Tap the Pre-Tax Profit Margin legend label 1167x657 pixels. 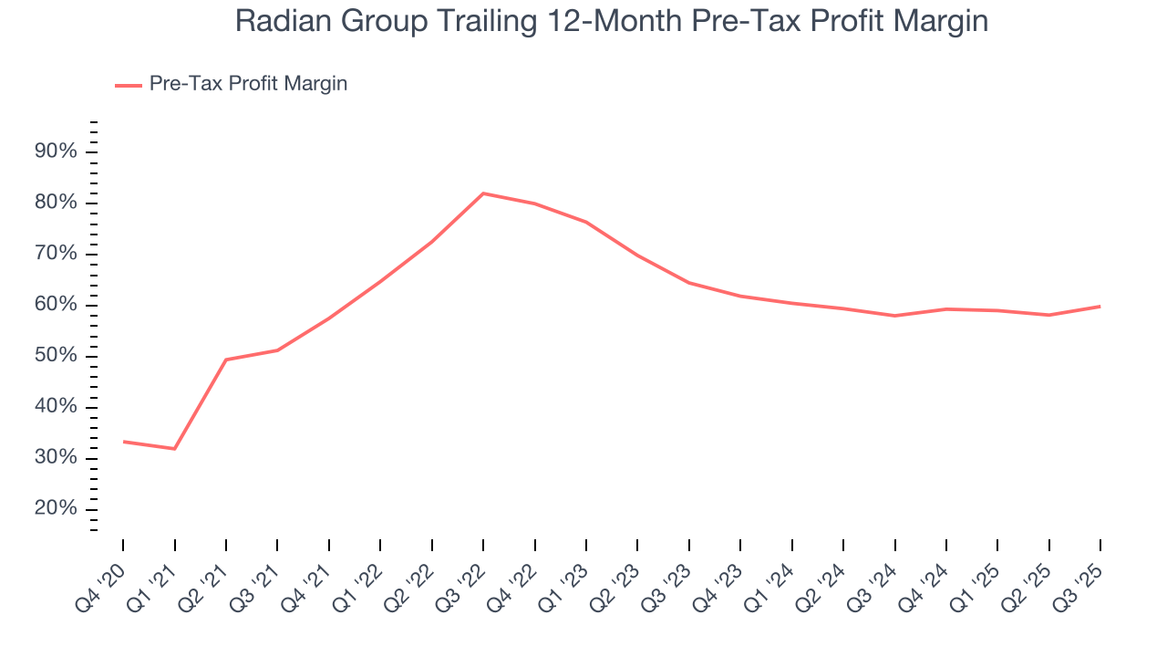click(x=248, y=84)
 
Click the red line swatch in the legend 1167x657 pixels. click(x=128, y=85)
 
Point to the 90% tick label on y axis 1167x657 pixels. click(x=56, y=151)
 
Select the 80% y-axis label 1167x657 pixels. click(x=56, y=203)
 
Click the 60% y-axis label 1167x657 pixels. click(x=56, y=305)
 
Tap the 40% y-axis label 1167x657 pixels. click(x=56, y=407)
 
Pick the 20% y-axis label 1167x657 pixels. click(x=56, y=509)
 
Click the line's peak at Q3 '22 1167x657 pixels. click(x=482, y=193)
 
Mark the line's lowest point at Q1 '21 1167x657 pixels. click(x=174, y=449)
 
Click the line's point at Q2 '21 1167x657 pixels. click(x=226, y=360)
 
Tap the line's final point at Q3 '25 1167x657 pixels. click(x=1100, y=307)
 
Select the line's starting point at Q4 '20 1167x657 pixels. click(x=123, y=442)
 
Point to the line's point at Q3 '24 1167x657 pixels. click(x=894, y=316)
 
